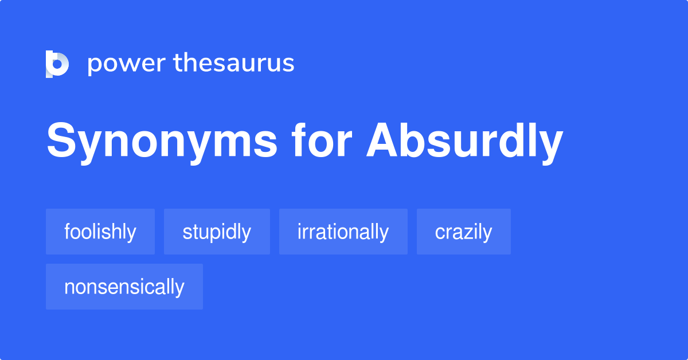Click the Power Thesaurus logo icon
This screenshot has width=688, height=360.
tap(57, 64)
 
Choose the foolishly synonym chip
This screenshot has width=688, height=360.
tap(100, 232)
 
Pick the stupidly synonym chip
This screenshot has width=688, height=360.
tap(217, 232)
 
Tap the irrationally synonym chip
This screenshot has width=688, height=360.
tap(343, 232)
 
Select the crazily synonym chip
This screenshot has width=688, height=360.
tap(463, 232)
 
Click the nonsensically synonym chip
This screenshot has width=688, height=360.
tap(124, 287)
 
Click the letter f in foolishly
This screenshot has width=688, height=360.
tap(67, 231)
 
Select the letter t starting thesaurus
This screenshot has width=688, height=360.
tap(178, 63)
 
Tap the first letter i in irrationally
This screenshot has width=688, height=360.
tap(299, 231)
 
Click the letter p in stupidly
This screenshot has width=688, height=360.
tap(213, 234)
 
